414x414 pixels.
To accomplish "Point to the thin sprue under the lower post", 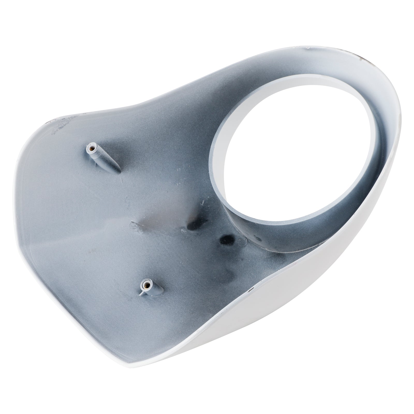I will click(x=141, y=295).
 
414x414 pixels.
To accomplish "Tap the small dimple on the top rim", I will click(x=308, y=48).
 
